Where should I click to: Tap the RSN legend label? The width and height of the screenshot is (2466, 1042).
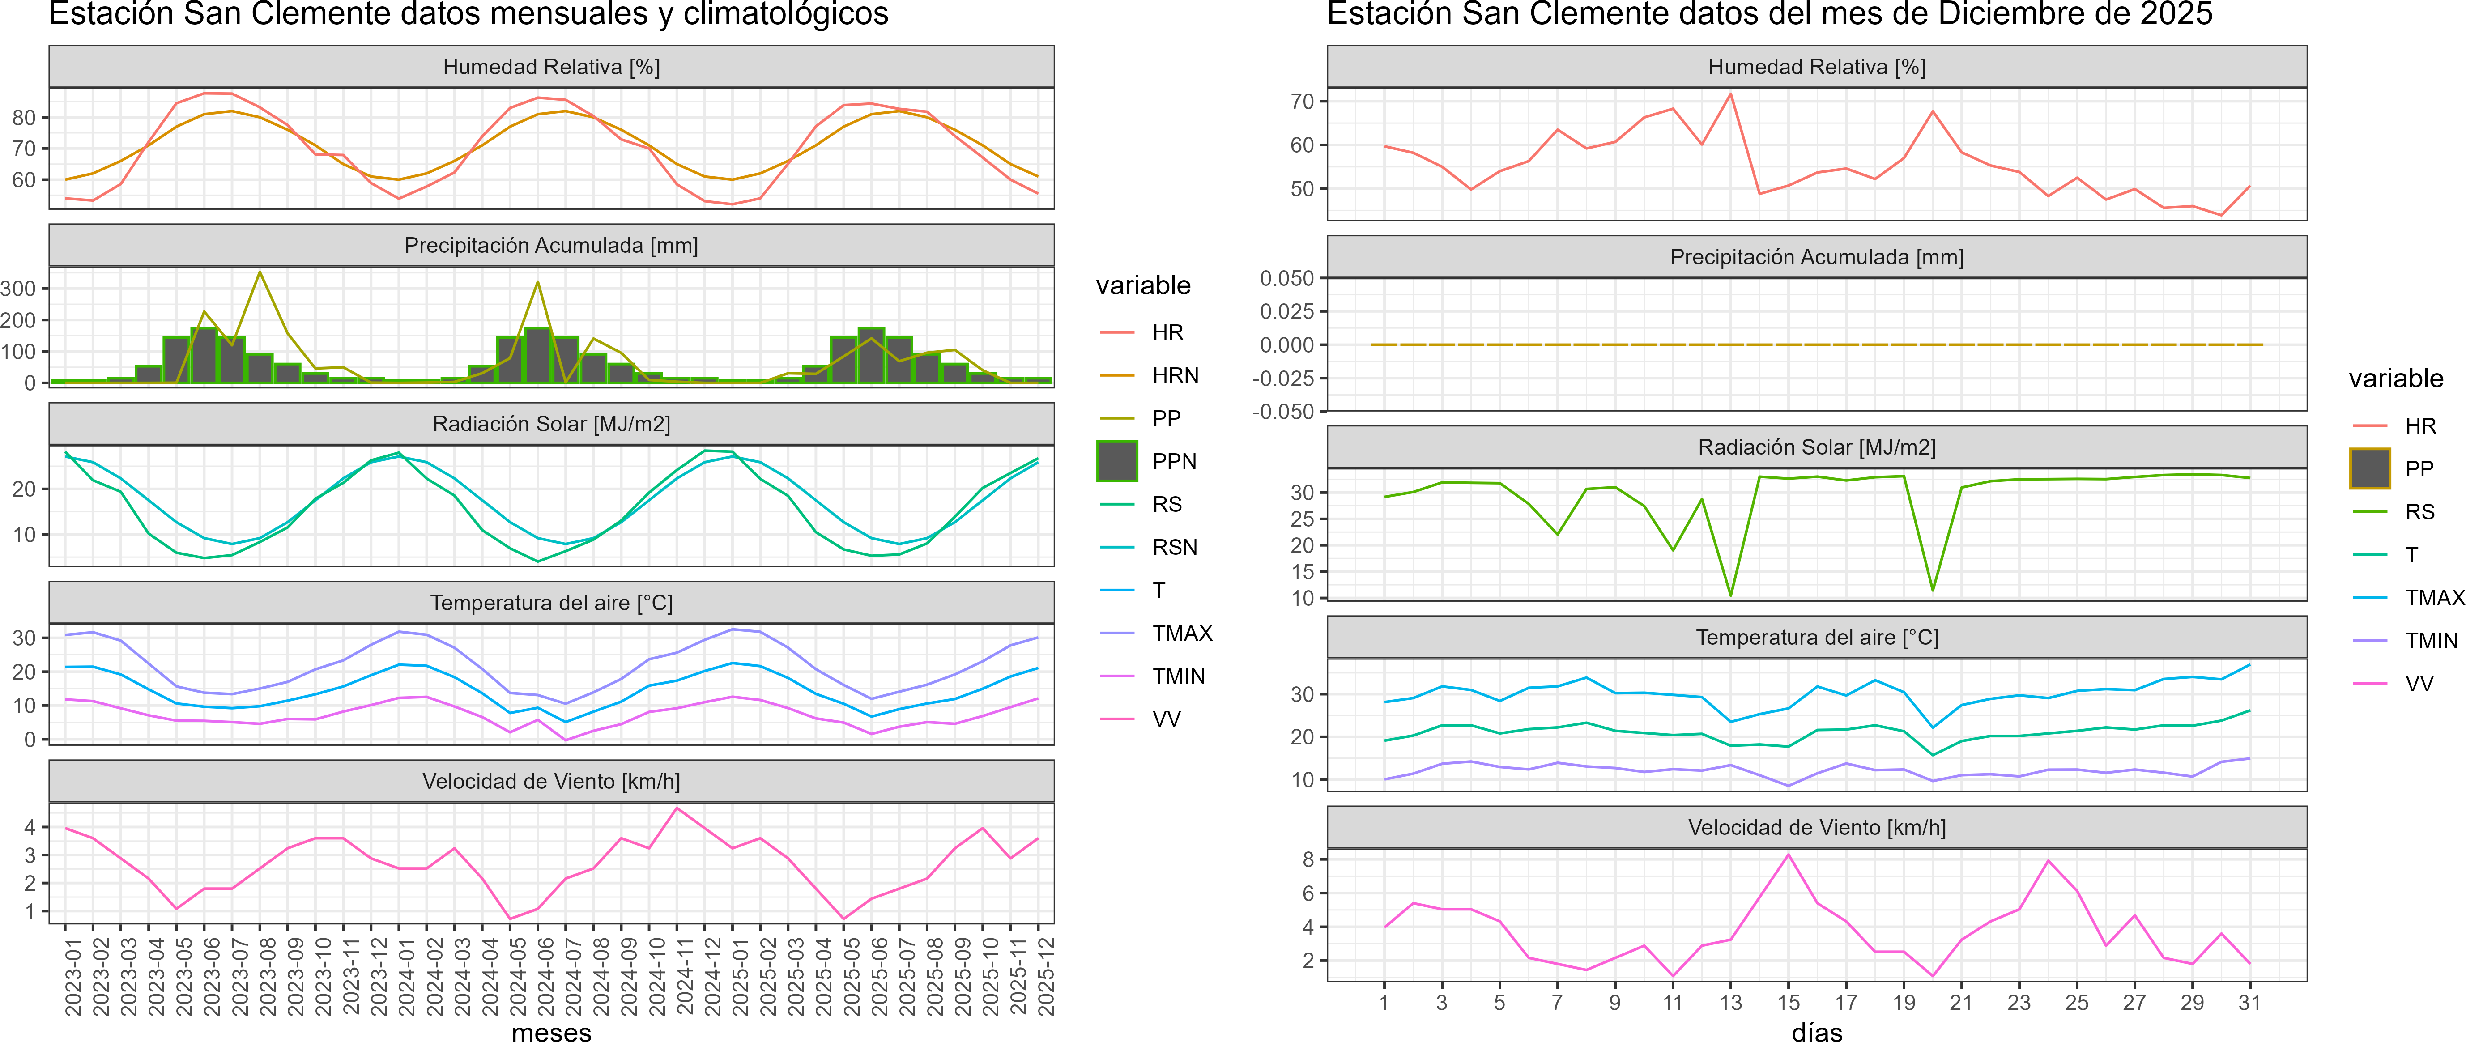coord(1175,547)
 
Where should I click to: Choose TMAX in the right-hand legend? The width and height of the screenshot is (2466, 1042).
coord(2434,598)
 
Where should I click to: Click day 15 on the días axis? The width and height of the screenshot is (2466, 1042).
coord(1788,1003)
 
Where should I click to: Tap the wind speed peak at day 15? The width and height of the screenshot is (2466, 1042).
coord(1788,855)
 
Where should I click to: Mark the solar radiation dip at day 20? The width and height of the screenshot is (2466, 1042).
coord(1933,589)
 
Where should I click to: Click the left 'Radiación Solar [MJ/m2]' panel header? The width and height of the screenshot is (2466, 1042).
coord(551,424)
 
